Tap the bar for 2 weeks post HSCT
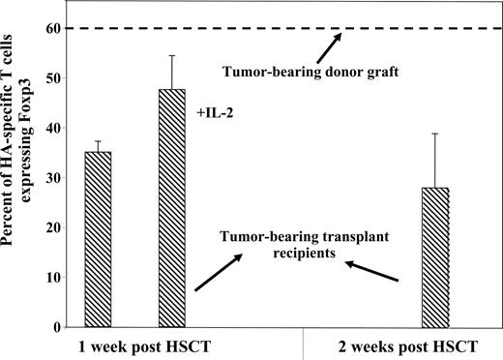[x=435, y=257]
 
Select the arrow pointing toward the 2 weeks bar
[x=371, y=268]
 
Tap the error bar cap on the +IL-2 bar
[x=172, y=56]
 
